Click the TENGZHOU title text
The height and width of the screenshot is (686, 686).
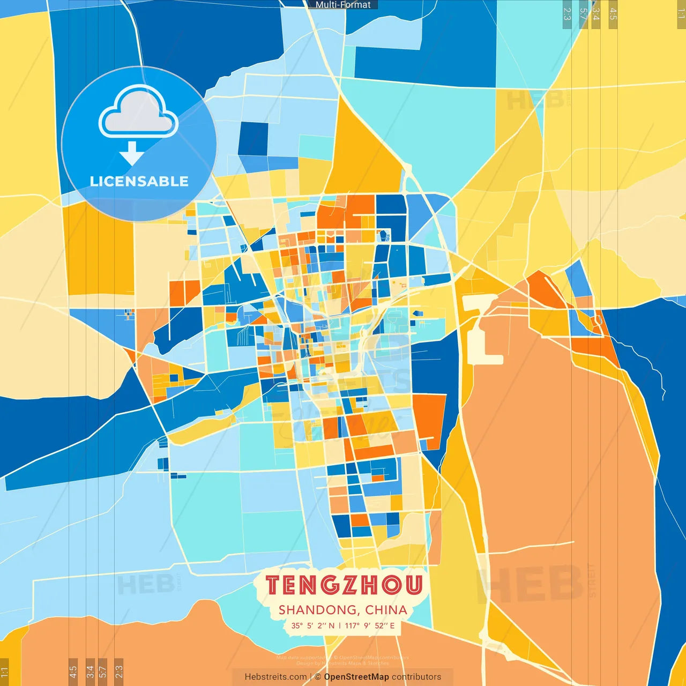coord(344,585)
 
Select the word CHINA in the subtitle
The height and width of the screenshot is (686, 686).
coord(386,610)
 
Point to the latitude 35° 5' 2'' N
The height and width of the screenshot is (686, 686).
coord(313,625)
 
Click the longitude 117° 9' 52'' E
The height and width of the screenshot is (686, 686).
coord(370,625)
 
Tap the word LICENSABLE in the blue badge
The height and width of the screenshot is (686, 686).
coord(139,181)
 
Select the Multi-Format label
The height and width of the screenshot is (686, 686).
coord(343,5)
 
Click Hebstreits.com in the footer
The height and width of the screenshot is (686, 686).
coord(275,677)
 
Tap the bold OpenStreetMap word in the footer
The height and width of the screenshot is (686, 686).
coord(356,677)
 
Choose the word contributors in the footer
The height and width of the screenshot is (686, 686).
coord(416,677)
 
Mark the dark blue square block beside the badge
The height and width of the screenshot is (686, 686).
coord(253,139)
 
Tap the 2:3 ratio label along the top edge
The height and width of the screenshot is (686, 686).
coord(567,14)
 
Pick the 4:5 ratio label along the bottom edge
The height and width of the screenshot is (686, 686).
coord(73,671)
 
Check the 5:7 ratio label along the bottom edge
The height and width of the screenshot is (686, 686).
coord(103,671)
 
